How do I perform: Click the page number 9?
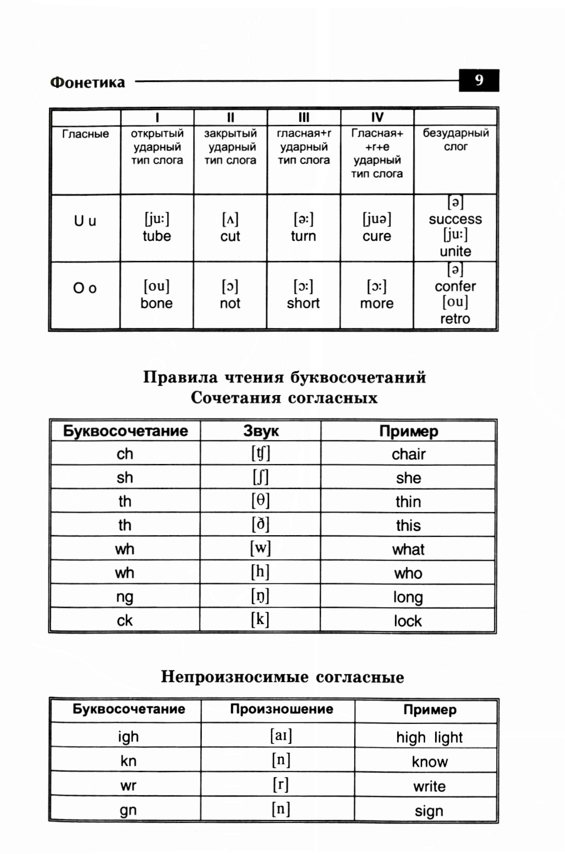click(479, 80)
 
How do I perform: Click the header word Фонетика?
click(88, 83)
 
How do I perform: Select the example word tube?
click(157, 236)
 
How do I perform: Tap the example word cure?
click(377, 236)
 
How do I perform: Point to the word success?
click(455, 219)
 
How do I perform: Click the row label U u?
click(85, 221)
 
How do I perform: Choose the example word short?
click(303, 304)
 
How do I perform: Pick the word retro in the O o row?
click(455, 319)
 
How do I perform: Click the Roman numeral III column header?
click(304, 118)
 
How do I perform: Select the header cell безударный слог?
click(456, 140)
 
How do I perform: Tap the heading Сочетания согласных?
click(284, 398)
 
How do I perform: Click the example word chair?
click(408, 454)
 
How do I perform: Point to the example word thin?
click(408, 502)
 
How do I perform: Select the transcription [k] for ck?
click(260, 620)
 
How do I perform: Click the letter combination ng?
click(125, 597)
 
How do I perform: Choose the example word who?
click(408, 574)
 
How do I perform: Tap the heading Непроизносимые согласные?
click(282, 677)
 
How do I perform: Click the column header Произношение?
click(281, 709)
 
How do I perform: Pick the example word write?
click(429, 787)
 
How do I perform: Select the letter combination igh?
click(128, 737)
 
